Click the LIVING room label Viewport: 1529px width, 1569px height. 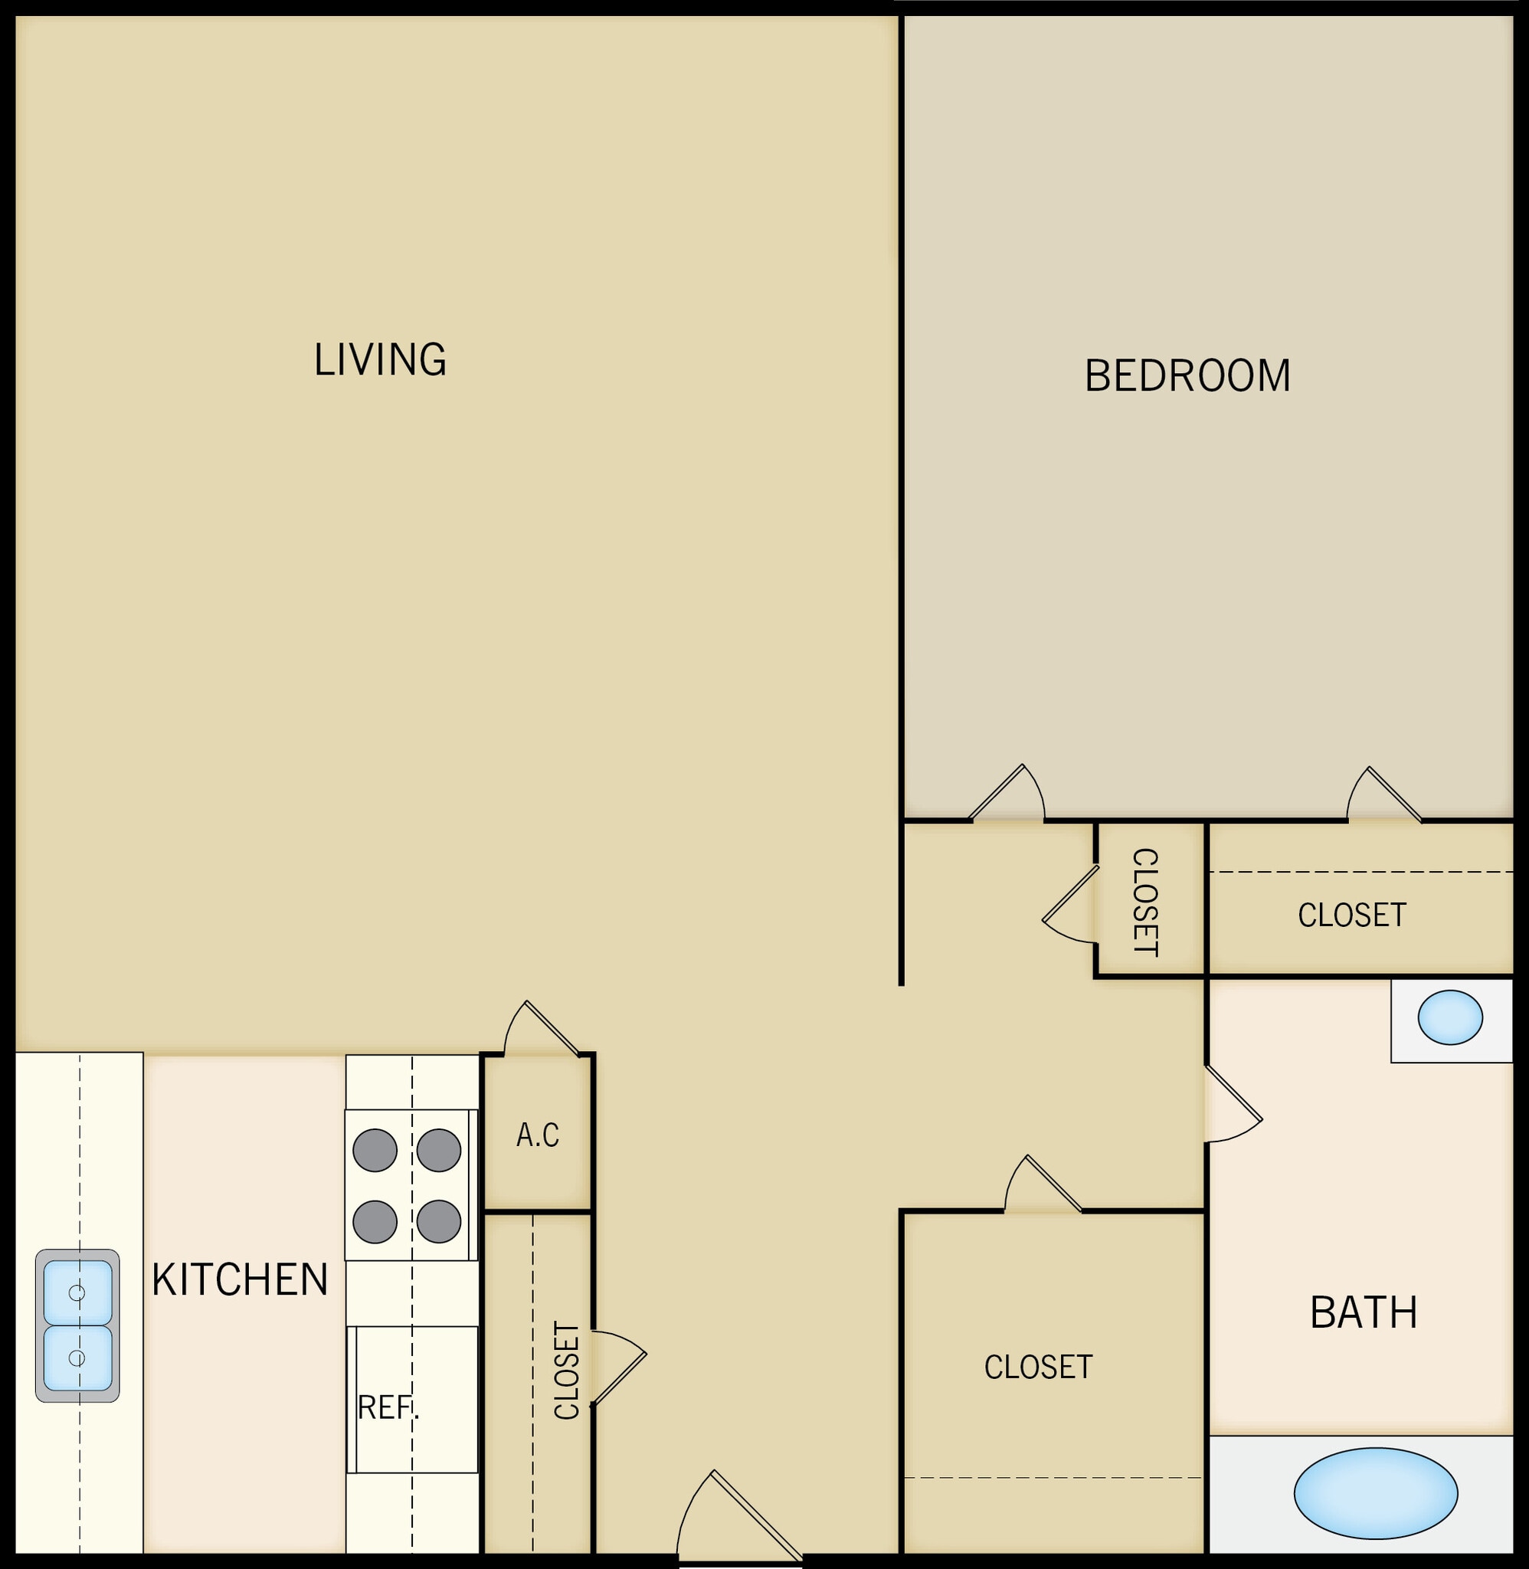coord(380,360)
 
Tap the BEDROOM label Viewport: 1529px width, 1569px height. coord(1187,376)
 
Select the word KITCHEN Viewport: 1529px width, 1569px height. coord(240,1280)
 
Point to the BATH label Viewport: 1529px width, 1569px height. coord(1363,1313)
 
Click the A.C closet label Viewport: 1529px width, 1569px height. coord(537,1135)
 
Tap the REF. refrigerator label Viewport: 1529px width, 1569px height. coord(388,1407)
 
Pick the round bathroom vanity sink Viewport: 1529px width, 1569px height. coord(1449,1017)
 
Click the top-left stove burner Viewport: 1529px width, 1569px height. coord(375,1150)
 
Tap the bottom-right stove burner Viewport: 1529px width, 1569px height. coord(438,1221)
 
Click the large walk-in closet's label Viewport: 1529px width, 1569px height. coord(1037,1367)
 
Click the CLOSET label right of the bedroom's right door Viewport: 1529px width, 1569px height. coord(1351,916)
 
